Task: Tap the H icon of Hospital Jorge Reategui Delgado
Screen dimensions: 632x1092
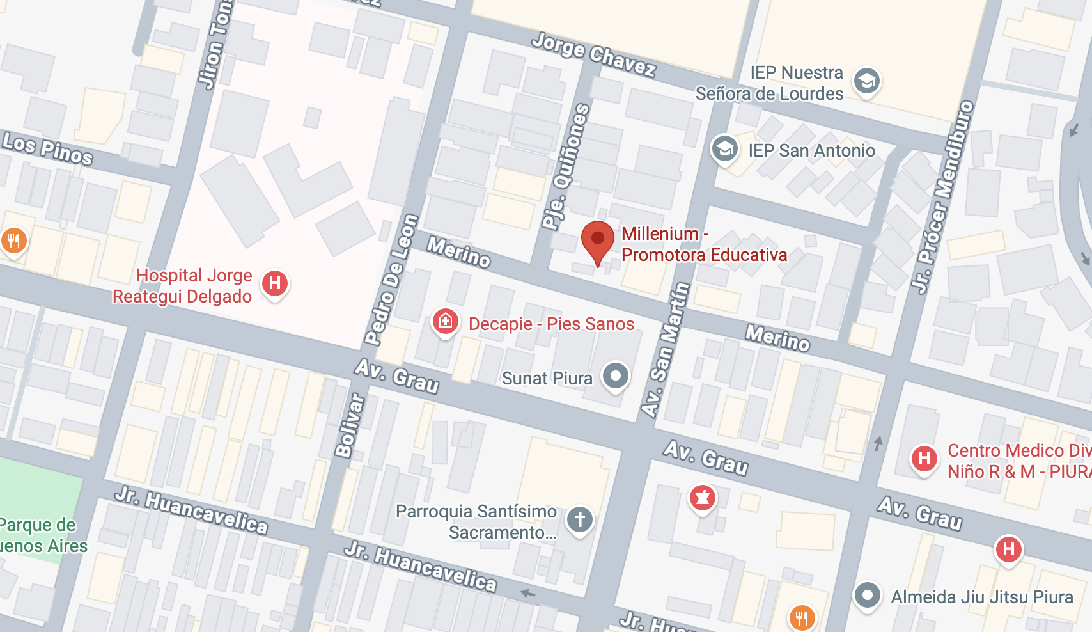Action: point(275,283)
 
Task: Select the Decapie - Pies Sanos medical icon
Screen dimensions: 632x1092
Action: point(446,321)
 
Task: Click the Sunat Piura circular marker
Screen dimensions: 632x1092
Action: point(616,375)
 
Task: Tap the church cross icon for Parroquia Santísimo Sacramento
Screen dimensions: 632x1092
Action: point(579,519)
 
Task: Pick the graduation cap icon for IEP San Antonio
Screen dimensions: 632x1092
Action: point(724,149)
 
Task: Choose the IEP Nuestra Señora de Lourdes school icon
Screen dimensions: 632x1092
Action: point(867,81)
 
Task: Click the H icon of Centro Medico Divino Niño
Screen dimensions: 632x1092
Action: point(924,458)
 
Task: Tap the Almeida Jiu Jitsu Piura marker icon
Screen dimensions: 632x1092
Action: point(868,596)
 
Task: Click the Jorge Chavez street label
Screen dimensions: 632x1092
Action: point(594,55)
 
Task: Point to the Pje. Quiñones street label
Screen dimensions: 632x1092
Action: point(566,166)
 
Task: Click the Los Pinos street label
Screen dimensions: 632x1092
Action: point(48,148)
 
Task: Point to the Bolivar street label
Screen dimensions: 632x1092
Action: point(349,426)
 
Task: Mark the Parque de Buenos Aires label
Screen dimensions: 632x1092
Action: point(42,535)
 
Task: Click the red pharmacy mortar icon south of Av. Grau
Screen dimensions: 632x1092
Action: point(702,497)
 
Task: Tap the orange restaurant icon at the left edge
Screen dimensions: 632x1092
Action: point(13,241)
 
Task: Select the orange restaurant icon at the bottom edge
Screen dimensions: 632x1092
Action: point(802,617)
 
